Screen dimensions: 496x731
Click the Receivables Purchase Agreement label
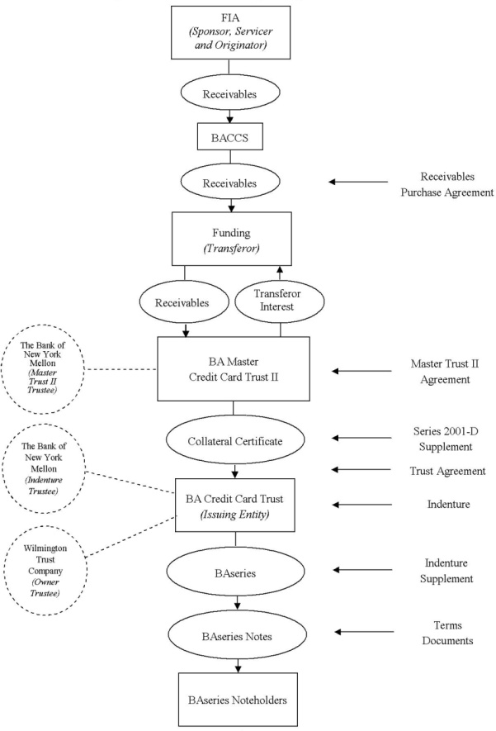[447, 184]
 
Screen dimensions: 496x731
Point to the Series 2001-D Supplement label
[446, 439]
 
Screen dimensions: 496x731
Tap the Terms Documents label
[447, 633]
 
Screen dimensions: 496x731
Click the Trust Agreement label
[447, 471]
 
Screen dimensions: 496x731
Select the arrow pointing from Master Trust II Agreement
[361, 371]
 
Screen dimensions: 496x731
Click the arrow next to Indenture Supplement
[362, 570]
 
